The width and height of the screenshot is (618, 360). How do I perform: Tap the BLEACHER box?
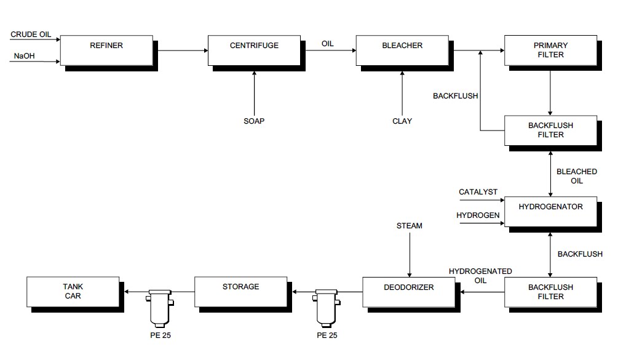402,50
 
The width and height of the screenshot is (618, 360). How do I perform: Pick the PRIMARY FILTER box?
550,50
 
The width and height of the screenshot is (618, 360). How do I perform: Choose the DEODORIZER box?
408,292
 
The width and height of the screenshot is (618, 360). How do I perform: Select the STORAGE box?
240,292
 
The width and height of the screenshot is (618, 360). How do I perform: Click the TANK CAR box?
73,292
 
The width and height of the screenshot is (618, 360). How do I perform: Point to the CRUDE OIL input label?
31,34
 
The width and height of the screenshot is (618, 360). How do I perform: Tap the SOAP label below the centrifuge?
254,121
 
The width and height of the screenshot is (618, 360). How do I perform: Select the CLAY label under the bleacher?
402,121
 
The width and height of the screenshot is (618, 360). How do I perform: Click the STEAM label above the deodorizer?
410,226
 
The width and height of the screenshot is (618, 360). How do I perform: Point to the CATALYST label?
478,193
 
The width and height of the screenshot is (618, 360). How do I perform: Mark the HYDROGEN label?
478,215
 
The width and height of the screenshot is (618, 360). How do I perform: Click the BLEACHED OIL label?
576,176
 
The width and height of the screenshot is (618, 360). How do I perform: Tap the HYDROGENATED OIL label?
480,276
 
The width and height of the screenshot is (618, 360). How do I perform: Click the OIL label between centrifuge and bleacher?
328,44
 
